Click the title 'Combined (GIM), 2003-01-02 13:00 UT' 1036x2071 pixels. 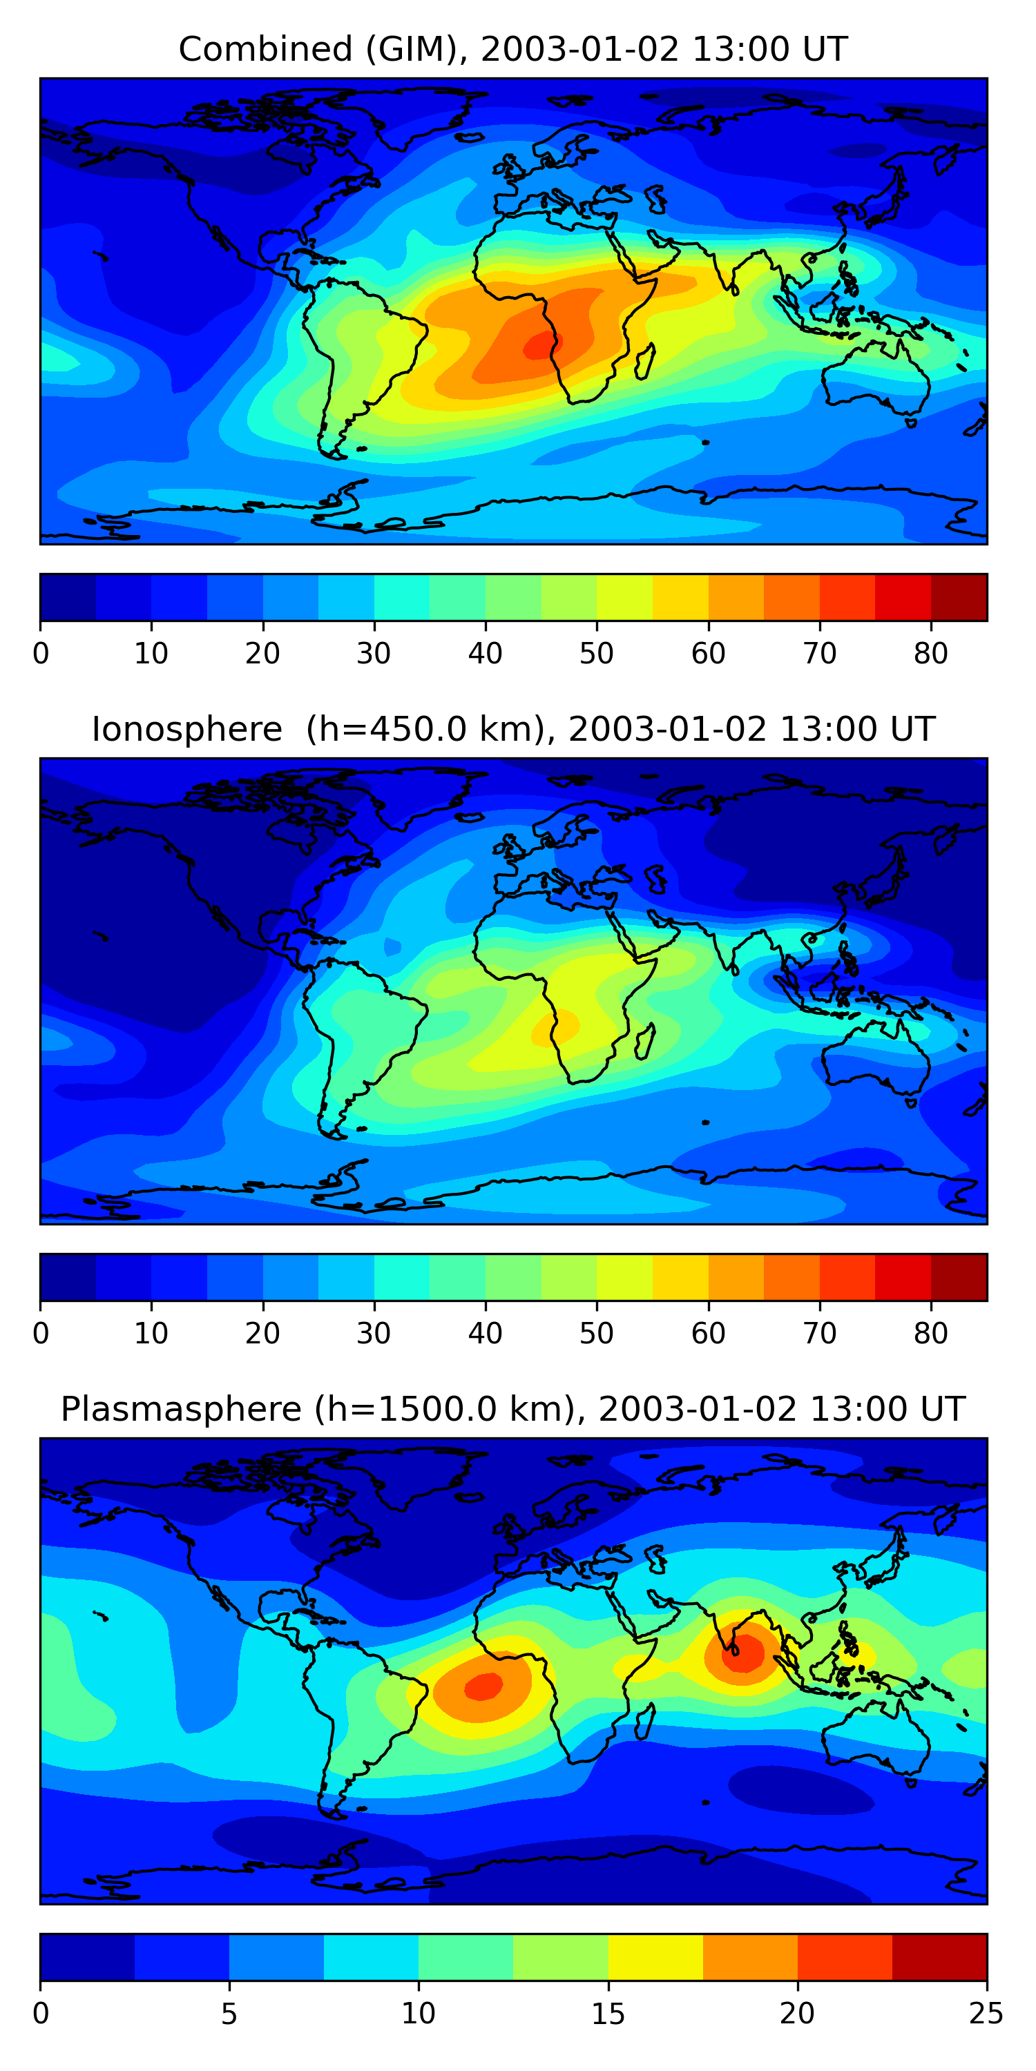(512, 49)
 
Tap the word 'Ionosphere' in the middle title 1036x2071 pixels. (186, 729)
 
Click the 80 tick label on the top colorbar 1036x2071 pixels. (930, 654)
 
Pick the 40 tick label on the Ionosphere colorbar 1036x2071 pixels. (485, 1334)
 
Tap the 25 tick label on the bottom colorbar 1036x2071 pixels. (986, 2014)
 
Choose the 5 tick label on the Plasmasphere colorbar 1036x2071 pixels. (229, 2014)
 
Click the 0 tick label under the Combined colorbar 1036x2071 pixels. (41, 654)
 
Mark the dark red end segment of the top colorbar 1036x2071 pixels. (959, 597)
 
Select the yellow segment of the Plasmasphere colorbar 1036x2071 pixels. (655, 1958)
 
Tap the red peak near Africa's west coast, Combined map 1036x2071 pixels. (538, 347)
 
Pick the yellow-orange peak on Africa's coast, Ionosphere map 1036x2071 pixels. (558, 1027)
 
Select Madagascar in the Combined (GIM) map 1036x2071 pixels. (644, 362)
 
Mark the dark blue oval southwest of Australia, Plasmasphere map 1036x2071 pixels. (800, 1789)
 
